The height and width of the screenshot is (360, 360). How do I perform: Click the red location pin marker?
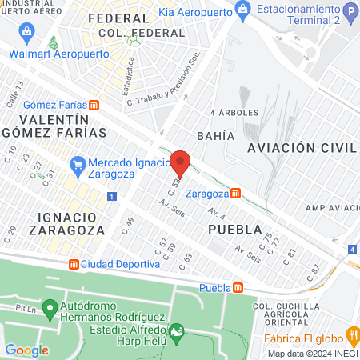[181, 162]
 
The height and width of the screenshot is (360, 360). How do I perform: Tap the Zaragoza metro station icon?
[235, 193]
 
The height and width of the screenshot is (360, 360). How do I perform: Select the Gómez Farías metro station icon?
[94, 104]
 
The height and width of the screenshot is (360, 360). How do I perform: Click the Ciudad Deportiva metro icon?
[73, 263]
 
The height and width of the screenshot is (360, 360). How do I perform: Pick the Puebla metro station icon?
[238, 288]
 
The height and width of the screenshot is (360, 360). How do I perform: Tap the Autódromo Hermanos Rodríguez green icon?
[50, 307]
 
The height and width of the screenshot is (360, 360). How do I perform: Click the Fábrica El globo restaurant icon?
[350, 334]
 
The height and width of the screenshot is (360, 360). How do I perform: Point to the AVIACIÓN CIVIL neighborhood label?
[301, 148]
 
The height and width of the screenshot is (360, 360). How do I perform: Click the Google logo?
[26, 350]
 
